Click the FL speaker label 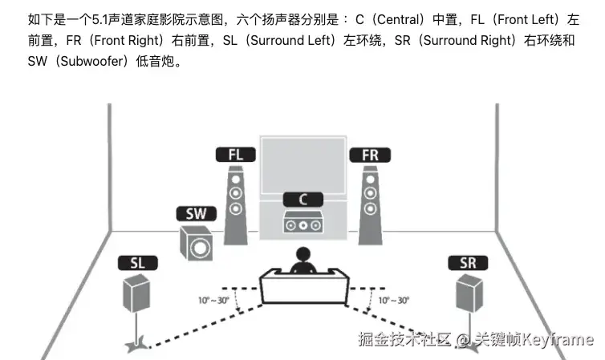[x=234, y=154]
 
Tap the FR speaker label [x=369, y=154]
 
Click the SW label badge [x=195, y=214]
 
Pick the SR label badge [x=467, y=263]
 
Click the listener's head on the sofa [x=303, y=257]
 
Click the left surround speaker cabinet [x=136, y=293]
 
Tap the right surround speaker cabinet [x=469, y=293]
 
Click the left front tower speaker [x=235, y=204]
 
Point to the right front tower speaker [x=369, y=204]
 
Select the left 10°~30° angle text [x=213, y=300]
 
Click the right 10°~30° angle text [x=393, y=300]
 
